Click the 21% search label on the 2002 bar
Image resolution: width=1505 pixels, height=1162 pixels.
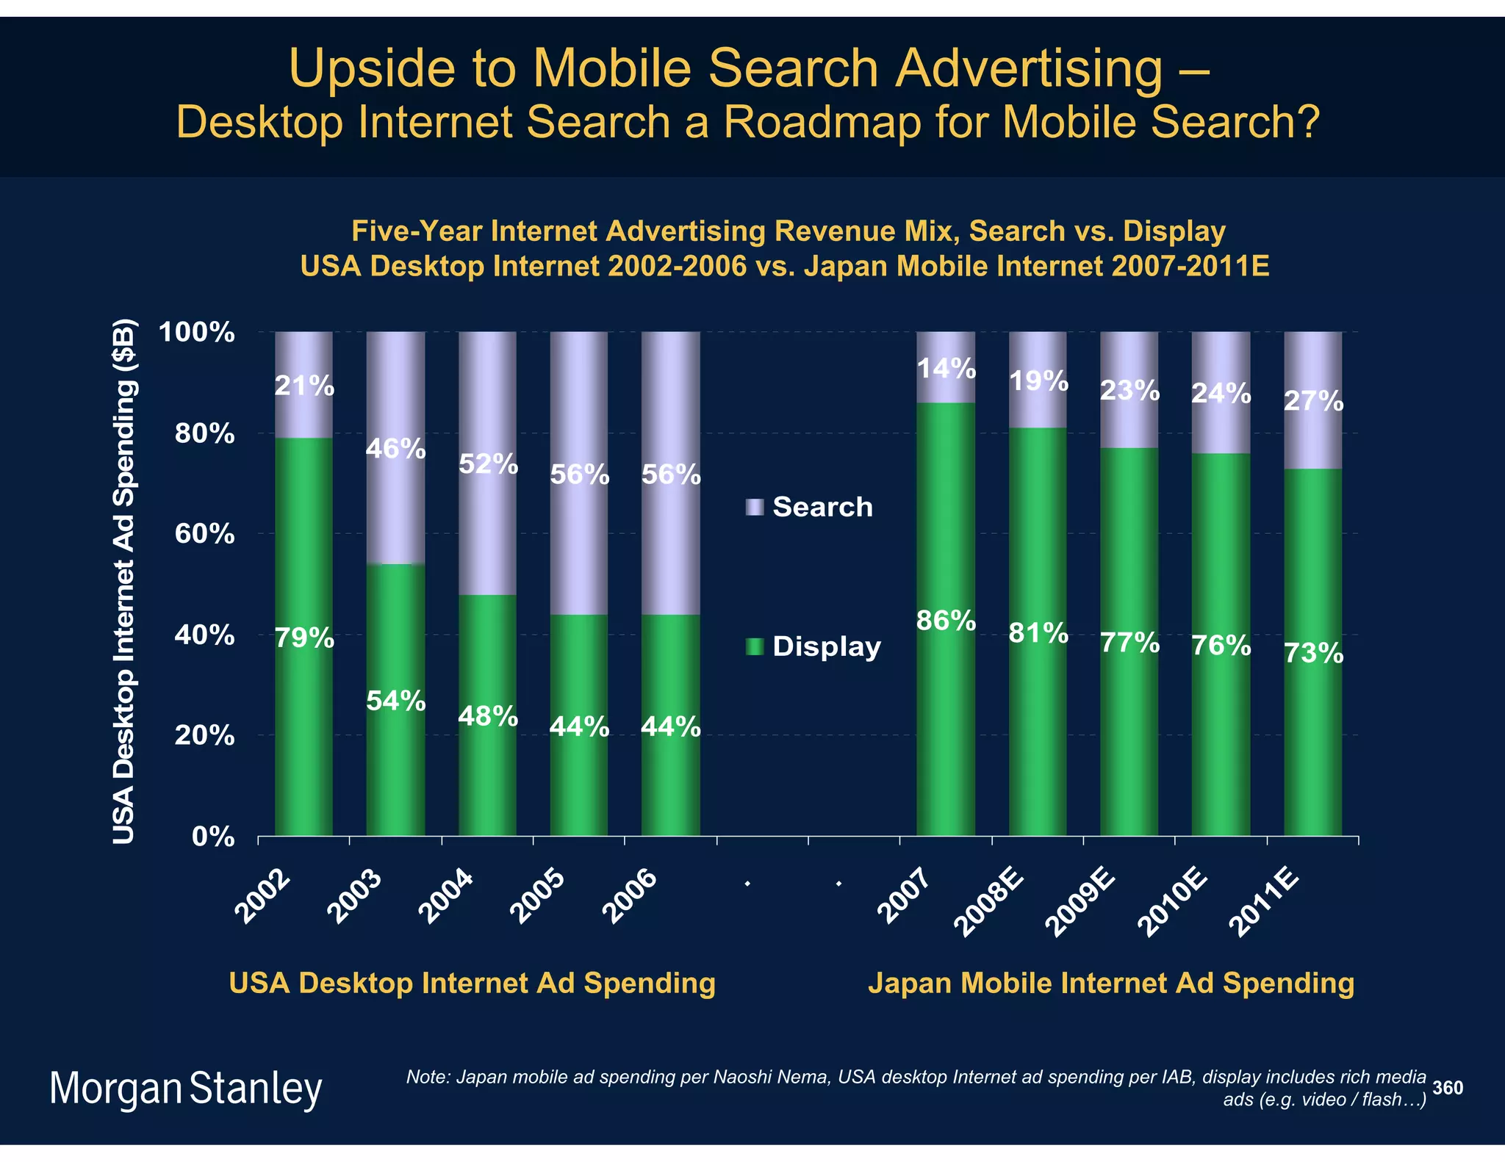click(304, 386)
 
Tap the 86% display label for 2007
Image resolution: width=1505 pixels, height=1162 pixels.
click(946, 621)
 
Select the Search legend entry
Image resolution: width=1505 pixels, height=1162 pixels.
click(810, 507)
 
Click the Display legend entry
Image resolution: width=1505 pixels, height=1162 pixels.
click(813, 646)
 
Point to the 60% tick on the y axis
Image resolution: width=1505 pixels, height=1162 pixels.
click(204, 534)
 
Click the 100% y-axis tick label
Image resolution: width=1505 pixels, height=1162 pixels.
click(197, 332)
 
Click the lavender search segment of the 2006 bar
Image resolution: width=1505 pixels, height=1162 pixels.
click(670, 411)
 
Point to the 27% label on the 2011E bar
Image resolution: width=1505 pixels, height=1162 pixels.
click(1313, 402)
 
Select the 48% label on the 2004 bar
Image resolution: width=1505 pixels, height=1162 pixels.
click(487, 715)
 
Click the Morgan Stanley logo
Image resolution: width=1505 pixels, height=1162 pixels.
click(186, 1089)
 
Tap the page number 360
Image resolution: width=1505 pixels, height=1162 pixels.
click(1448, 1088)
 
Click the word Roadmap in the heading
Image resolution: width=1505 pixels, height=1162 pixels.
click(821, 122)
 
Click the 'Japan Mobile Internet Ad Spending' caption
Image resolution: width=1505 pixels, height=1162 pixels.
click(1110, 983)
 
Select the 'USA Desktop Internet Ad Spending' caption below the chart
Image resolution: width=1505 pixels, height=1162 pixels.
click(472, 983)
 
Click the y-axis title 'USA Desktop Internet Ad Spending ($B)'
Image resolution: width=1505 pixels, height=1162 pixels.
click(124, 580)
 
